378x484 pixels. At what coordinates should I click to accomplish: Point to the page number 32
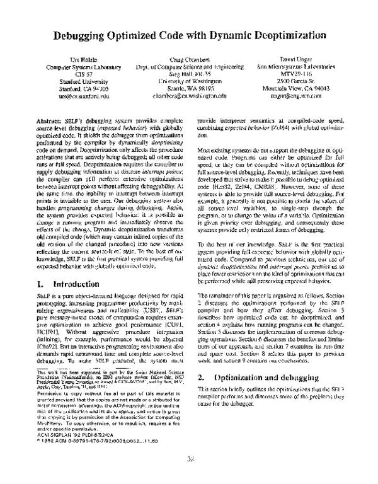point(190,460)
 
